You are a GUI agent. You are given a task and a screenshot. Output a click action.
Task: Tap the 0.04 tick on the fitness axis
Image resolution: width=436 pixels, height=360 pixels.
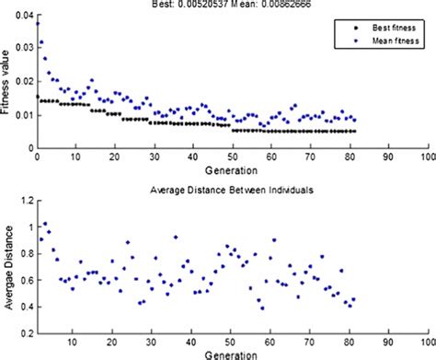[x=24, y=17]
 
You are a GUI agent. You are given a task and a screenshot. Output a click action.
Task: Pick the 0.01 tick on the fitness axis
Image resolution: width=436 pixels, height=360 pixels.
[x=24, y=115]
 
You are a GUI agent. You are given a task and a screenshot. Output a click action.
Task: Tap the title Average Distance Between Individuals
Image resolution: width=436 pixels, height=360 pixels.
[x=233, y=189]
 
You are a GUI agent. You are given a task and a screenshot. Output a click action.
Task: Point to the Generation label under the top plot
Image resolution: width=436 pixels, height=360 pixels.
[x=234, y=170]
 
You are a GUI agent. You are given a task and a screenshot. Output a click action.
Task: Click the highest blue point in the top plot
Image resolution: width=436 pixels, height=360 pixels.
[x=38, y=23]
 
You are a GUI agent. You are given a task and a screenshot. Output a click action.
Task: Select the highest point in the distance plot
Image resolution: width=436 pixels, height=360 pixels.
[x=44, y=224]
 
